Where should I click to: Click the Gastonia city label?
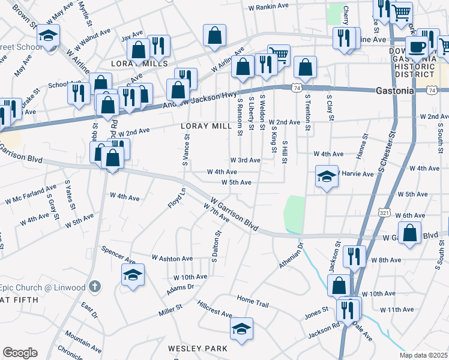pos(395,91)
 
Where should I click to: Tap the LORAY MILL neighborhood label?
pos(206,127)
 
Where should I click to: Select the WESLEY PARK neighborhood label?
pos(197,349)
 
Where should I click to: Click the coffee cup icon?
pos(417,47)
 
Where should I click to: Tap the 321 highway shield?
pos(385,212)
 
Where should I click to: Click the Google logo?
pos(20,353)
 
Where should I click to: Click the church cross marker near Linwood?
pos(94,287)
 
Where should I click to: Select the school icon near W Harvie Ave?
pos(327,176)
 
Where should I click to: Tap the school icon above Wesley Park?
pos(241,329)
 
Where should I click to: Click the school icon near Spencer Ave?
pos(133,275)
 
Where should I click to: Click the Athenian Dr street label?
pos(292,255)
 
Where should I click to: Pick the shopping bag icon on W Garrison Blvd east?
pos(409,234)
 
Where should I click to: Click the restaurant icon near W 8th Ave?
pos(354,256)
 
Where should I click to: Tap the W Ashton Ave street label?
pos(172,258)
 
